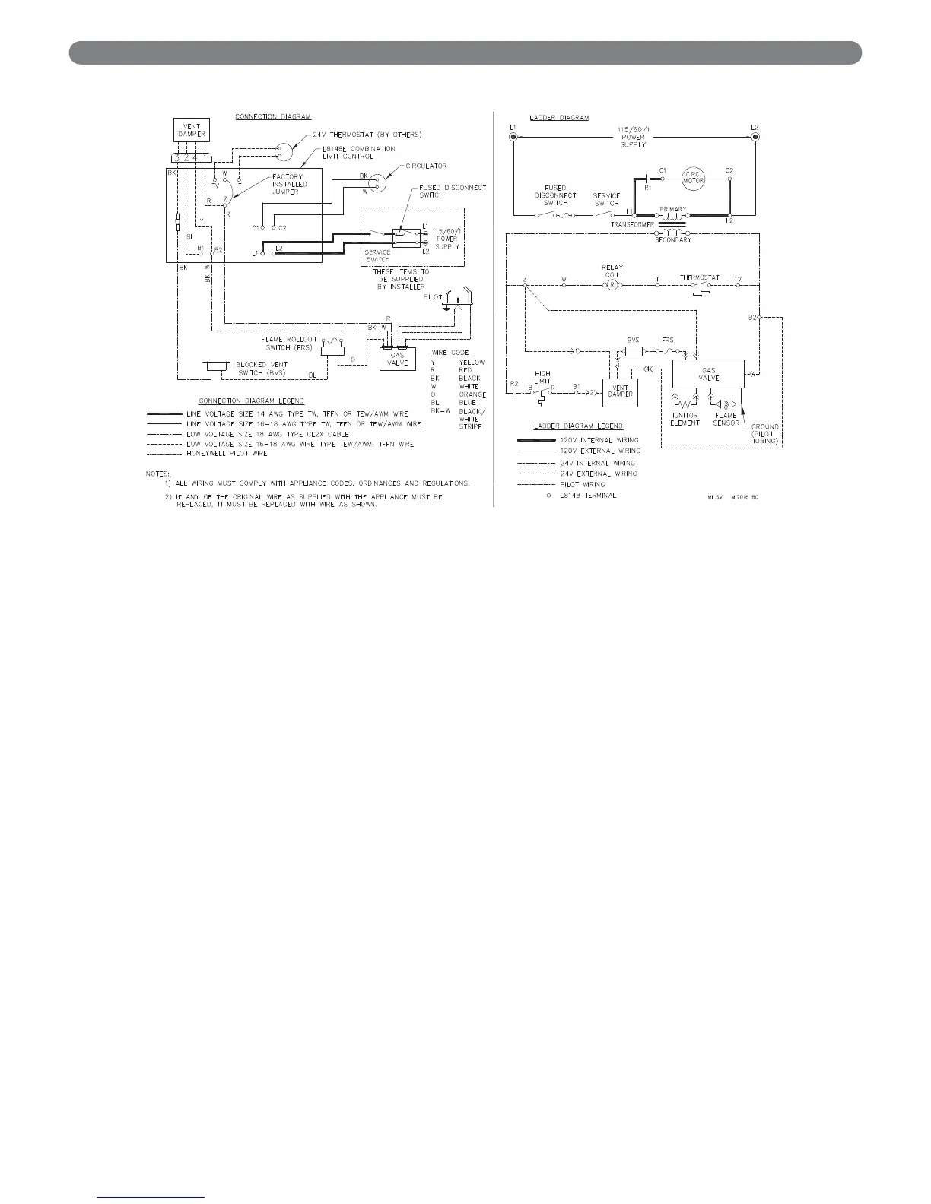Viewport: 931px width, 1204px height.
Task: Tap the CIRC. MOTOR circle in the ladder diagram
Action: tap(693, 176)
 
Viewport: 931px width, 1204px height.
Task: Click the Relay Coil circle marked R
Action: tap(612, 285)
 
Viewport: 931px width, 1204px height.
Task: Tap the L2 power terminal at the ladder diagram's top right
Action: tap(754, 137)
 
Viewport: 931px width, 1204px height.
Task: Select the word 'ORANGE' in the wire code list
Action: tap(472, 394)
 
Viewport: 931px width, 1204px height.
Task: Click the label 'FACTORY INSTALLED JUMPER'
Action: tap(290, 184)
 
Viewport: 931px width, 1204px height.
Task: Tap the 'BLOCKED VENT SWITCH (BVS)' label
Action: tap(262, 368)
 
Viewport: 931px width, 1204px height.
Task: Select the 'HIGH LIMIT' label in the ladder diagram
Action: tap(542, 377)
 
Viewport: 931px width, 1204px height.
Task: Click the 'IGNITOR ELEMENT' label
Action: tap(685, 419)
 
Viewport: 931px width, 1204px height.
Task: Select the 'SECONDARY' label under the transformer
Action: tap(672, 240)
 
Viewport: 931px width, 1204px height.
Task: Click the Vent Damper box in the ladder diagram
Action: tap(620, 392)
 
